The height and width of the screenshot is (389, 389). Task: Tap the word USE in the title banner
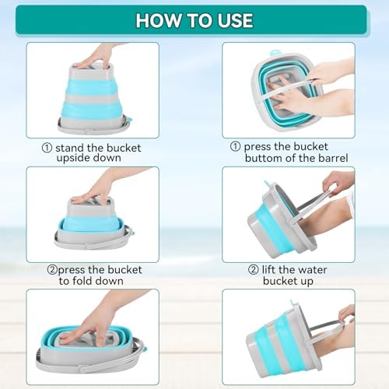tap(235, 20)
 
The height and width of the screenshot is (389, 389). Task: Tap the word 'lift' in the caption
tap(268, 270)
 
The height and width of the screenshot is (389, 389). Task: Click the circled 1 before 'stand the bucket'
tap(47, 148)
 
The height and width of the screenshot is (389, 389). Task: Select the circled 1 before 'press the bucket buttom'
tap(235, 146)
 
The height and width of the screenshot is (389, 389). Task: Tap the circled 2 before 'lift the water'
tap(254, 270)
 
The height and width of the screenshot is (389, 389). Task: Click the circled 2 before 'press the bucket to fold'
tap(52, 270)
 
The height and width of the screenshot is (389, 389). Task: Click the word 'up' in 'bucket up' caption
tap(307, 282)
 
